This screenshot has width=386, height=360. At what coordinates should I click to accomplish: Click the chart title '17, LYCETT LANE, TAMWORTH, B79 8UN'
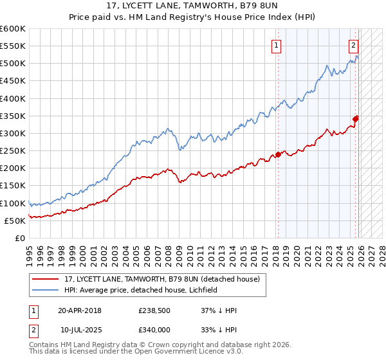193,6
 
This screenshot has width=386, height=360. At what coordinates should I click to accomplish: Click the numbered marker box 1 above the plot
276,45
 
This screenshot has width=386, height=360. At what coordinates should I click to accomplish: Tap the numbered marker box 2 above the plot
354,45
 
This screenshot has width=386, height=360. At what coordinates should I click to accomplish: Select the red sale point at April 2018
278,154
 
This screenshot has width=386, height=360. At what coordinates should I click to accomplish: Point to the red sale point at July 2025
356,118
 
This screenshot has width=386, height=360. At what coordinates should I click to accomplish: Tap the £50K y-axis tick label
15,221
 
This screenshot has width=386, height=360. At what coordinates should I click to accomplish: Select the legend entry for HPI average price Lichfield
140,290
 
